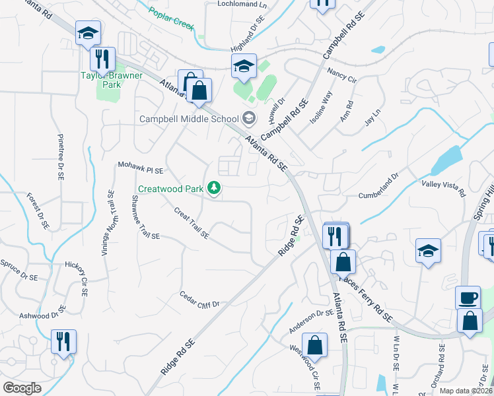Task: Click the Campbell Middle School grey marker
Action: point(249,119)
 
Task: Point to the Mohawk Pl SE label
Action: point(140,167)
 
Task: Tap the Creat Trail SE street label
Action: point(192,223)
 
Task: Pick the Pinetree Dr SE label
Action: point(60,158)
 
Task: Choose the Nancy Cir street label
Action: point(341,74)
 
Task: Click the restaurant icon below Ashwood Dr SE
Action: point(64,341)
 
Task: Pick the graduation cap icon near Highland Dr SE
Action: point(244,65)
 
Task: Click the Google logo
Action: point(22,388)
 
